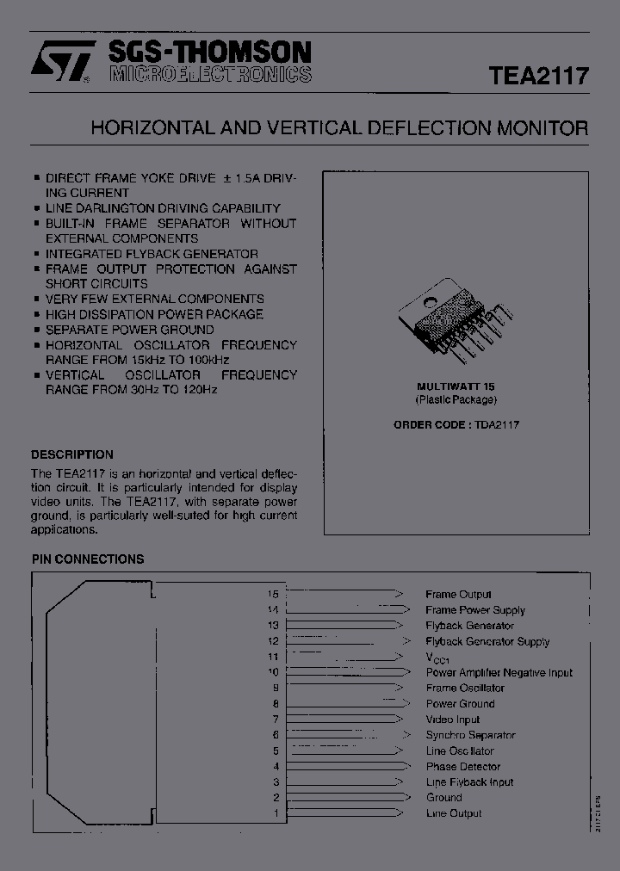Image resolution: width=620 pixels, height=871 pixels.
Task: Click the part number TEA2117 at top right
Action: tap(539, 75)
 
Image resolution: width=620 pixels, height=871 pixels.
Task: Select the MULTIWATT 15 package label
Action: tap(456, 386)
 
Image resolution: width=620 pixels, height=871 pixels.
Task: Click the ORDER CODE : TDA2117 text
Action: tap(456, 424)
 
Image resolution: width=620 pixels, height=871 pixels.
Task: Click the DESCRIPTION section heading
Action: tap(72, 454)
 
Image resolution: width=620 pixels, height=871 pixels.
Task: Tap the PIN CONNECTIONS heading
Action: tap(88, 559)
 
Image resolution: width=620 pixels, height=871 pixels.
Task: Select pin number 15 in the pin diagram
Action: tap(274, 594)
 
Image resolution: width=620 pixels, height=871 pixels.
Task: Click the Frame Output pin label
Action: tap(458, 594)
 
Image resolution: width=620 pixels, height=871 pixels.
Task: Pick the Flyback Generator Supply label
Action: tap(487, 641)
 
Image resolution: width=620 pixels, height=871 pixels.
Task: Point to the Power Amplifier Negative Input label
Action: tap(499, 672)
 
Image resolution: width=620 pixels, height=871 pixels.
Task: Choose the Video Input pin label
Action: tap(453, 720)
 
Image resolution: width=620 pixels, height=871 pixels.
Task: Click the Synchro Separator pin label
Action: tap(470, 735)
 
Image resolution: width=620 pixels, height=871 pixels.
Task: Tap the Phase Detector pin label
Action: tap(463, 766)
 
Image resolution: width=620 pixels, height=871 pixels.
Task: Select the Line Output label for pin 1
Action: tap(454, 813)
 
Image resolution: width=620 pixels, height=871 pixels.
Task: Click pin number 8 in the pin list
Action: tap(276, 704)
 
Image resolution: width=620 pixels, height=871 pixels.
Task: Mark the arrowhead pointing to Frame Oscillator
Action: tap(399, 689)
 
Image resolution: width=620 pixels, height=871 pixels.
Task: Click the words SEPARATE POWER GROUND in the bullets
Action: tap(130, 330)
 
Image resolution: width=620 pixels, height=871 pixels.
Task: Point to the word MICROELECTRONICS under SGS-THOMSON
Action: tap(211, 75)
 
